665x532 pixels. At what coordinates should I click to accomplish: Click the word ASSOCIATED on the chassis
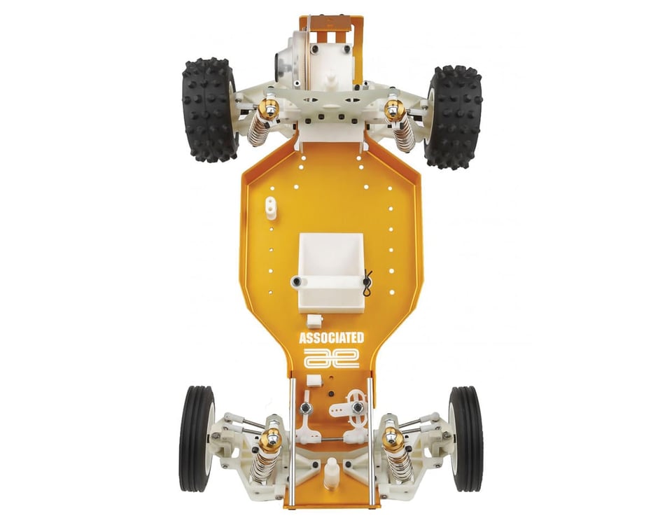coord(332,338)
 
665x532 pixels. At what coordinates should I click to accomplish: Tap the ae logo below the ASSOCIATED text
coord(332,358)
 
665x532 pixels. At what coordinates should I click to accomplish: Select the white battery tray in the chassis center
coord(330,269)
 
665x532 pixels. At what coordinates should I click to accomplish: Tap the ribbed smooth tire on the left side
coord(197,438)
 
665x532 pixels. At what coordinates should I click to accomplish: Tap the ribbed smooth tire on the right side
coord(466,438)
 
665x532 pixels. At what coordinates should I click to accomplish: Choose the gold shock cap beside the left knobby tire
coord(269,108)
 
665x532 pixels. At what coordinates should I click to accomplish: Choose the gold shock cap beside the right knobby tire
coord(394,108)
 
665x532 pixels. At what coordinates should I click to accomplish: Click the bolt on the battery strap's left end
coord(297,281)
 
